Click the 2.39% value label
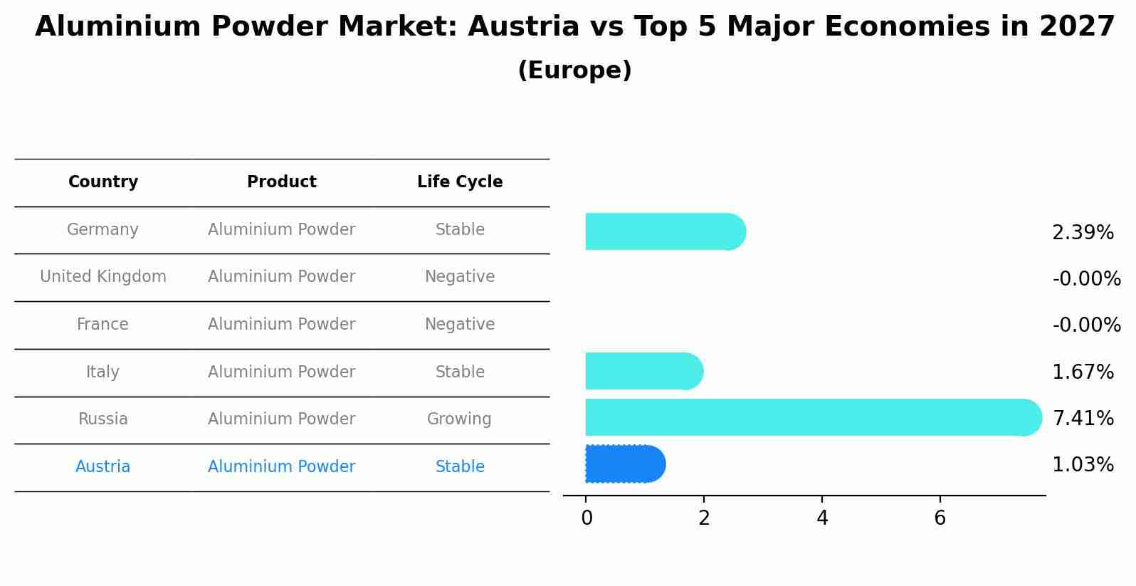(1082, 233)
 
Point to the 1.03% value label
(1082, 465)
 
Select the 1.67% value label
(1082, 372)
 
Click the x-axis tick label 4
(822, 518)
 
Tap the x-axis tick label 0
(587, 518)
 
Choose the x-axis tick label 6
(940, 518)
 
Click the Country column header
(103, 182)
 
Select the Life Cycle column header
(460, 182)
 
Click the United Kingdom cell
(103, 277)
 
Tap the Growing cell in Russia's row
(459, 419)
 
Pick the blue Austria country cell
(103, 467)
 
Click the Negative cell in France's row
(460, 325)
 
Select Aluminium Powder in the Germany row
(281, 230)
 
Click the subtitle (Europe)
(574, 70)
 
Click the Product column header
(281, 182)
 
